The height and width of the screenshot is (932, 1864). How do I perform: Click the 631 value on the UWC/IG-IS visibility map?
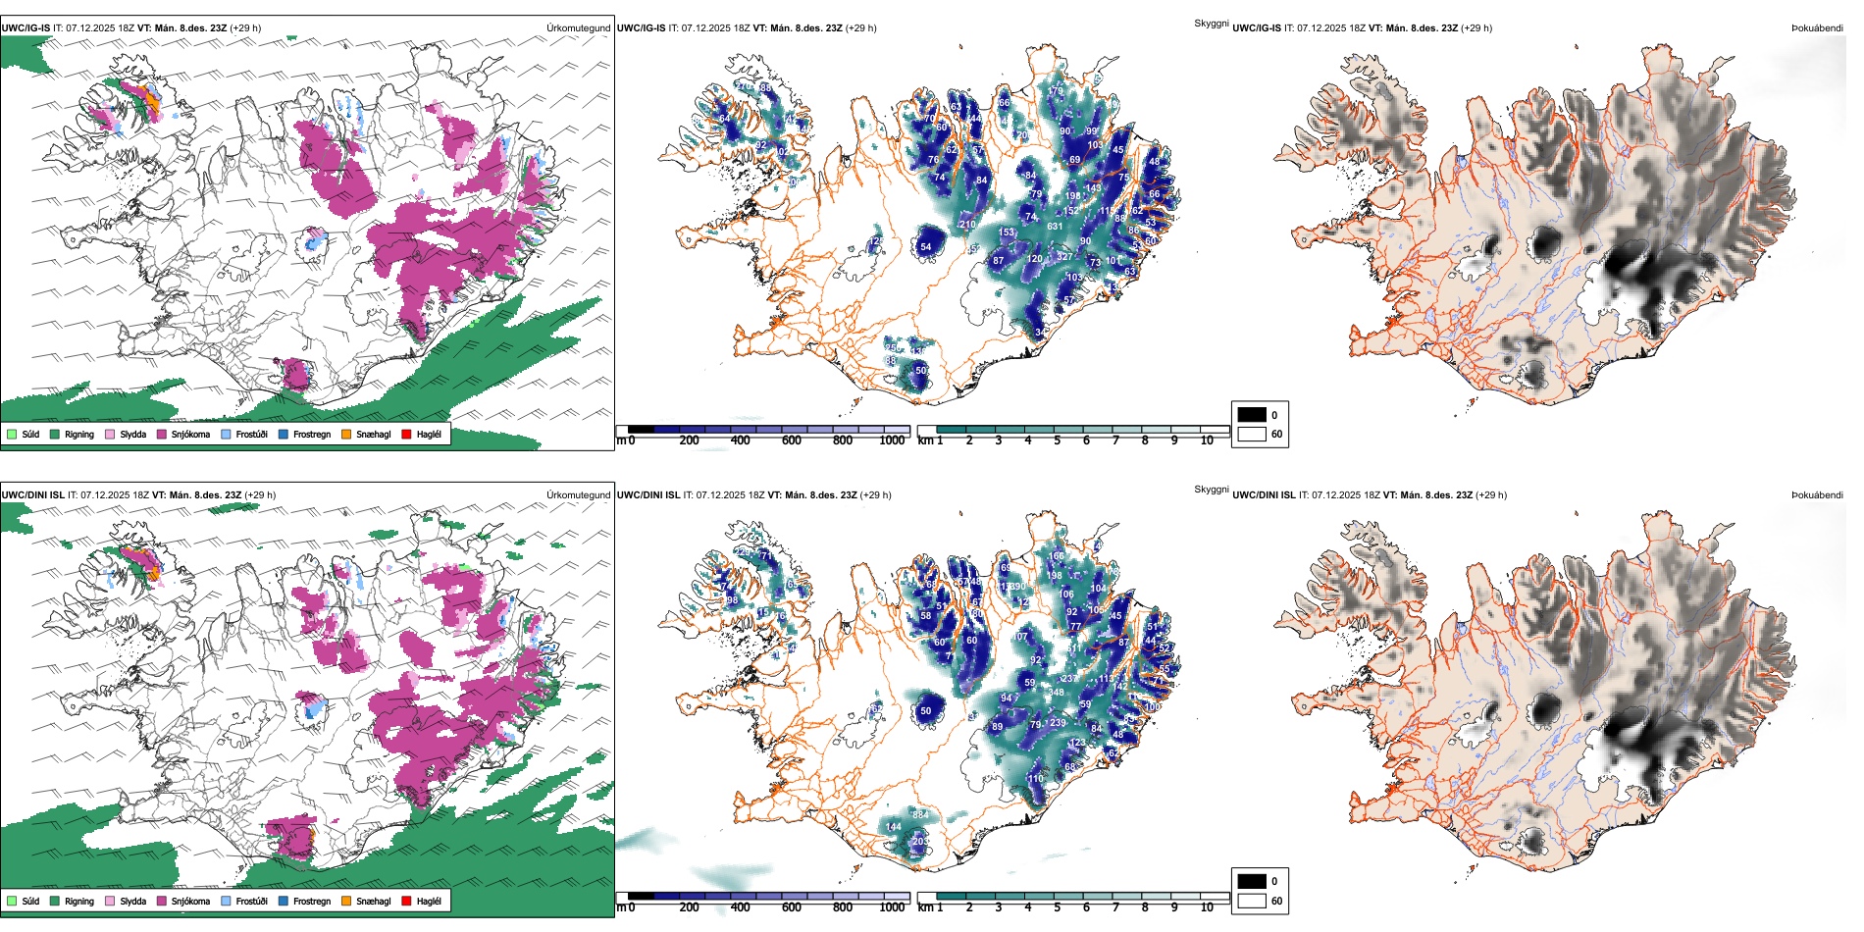pyautogui.click(x=1055, y=227)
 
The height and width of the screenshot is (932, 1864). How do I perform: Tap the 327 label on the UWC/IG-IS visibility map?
pyautogui.click(x=1064, y=258)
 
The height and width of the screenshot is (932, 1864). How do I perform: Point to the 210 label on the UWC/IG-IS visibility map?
pyautogui.click(x=967, y=225)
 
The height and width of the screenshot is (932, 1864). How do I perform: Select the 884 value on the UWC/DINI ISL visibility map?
pyautogui.click(x=920, y=815)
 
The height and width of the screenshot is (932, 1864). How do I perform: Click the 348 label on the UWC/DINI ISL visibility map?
pyautogui.click(x=1056, y=694)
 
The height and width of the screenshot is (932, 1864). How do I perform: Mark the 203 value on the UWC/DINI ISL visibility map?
pyautogui.click(x=920, y=842)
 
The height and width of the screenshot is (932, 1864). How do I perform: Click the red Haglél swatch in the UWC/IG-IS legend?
pyautogui.click(x=407, y=435)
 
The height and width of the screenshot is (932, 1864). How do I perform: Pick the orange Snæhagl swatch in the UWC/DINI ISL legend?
pyautogui.click(x=346, y=902)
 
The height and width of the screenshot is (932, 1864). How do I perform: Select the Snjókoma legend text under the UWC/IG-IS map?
pyautogui.click(x=190, y=435)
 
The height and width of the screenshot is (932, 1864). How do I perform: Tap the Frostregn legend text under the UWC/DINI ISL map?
pyautogui.click(x=312, y=902)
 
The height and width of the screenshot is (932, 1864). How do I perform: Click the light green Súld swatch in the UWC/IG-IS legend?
pyautogui.click(x=12, y=435)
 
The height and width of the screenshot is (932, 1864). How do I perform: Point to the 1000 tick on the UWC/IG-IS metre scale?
pyautogui.click(x=892, y=441)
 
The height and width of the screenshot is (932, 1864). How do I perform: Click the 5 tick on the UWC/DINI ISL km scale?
pyautogui.click(x=1058, y=908)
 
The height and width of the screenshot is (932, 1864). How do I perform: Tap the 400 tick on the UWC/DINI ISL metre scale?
pyautogui.click(x=741, y=908)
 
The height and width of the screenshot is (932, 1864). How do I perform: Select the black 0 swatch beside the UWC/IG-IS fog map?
pyautogui.click(x=1252, y=415)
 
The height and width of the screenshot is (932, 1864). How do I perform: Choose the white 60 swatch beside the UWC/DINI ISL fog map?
pyautogui.click(x=1252, y=901)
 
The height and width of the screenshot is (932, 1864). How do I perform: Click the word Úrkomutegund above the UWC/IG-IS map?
pyautogui.click(x=578, y=28)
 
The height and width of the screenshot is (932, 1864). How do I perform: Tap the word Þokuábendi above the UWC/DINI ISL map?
pyautogui.click(x=1817, y=495)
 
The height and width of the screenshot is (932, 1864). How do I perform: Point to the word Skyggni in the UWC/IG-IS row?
pyautogui.click(x=1211, y=24)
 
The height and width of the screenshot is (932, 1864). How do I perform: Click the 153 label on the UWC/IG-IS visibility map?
pyautogui.click(x=1007, y=233)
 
